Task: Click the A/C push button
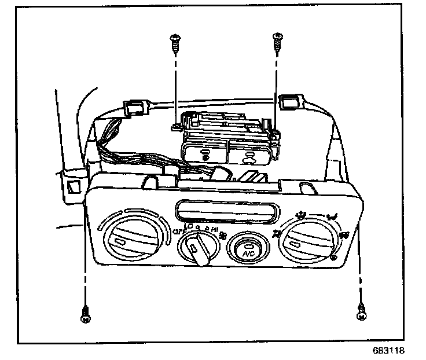point(247,249)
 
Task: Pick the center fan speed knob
point(198,248)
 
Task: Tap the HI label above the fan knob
point(215,230)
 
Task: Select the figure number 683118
point(387,351)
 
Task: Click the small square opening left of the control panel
point(74,185)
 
